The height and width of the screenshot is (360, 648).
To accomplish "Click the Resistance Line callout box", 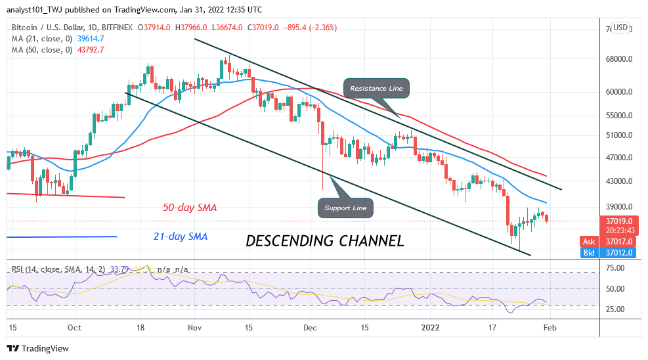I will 377,88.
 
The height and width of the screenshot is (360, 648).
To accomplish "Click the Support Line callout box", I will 345,209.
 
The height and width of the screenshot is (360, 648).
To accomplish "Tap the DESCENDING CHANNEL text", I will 324,241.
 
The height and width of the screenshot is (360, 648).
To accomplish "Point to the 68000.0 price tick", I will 620,59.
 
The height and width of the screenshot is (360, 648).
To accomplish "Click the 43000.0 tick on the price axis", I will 620,181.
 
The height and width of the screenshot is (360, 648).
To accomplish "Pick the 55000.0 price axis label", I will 620,116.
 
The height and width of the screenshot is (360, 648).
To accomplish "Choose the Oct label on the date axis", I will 74,327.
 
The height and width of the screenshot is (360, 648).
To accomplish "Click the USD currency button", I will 621,28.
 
